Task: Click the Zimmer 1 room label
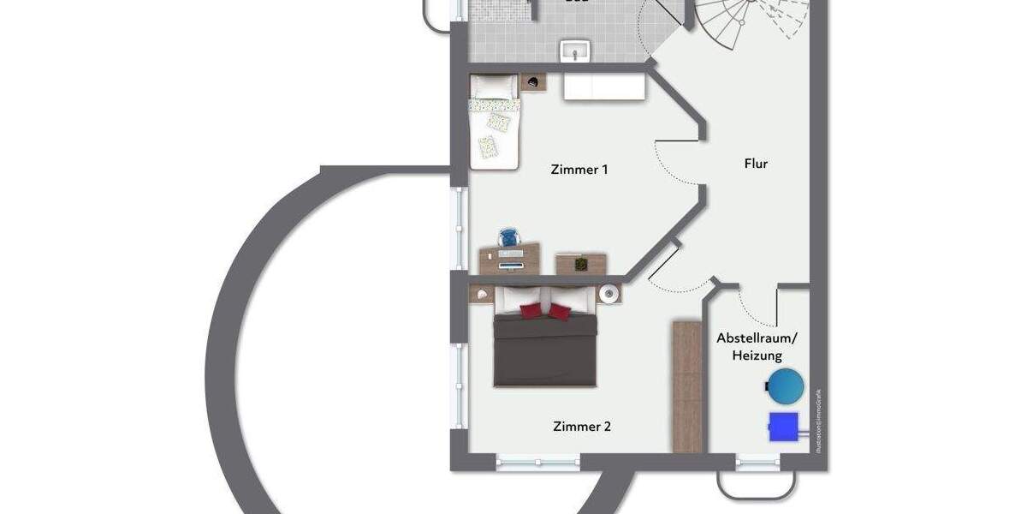point(579,170)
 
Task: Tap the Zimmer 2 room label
point(582,426)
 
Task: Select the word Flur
point(756,163)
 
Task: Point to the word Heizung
point(757,356)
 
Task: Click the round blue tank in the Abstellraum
point(785,386)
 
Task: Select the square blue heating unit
point(783,427)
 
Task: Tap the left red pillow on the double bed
point(531,311)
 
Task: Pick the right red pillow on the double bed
point(560,312)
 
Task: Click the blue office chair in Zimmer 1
point(509,237)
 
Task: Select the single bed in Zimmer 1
point(495,122)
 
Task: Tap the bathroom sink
point(573,51)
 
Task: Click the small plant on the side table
point(581,263)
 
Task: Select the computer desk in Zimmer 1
point(510,258)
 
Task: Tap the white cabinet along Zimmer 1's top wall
point(603,87)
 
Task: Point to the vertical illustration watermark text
point(818,420)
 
